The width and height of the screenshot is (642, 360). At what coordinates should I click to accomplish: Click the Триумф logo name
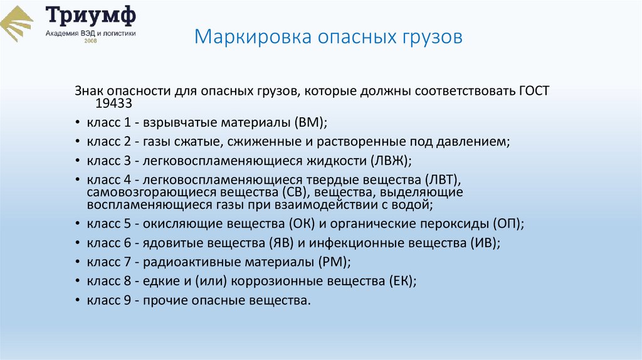point(90,16)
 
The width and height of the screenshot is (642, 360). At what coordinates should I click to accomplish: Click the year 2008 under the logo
point(90,42)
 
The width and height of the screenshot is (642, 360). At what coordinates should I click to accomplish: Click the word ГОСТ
point(534,91)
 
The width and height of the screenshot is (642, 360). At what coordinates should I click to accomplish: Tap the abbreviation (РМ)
point(330,262)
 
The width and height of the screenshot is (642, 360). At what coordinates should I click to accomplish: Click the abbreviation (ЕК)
point(402,281)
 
